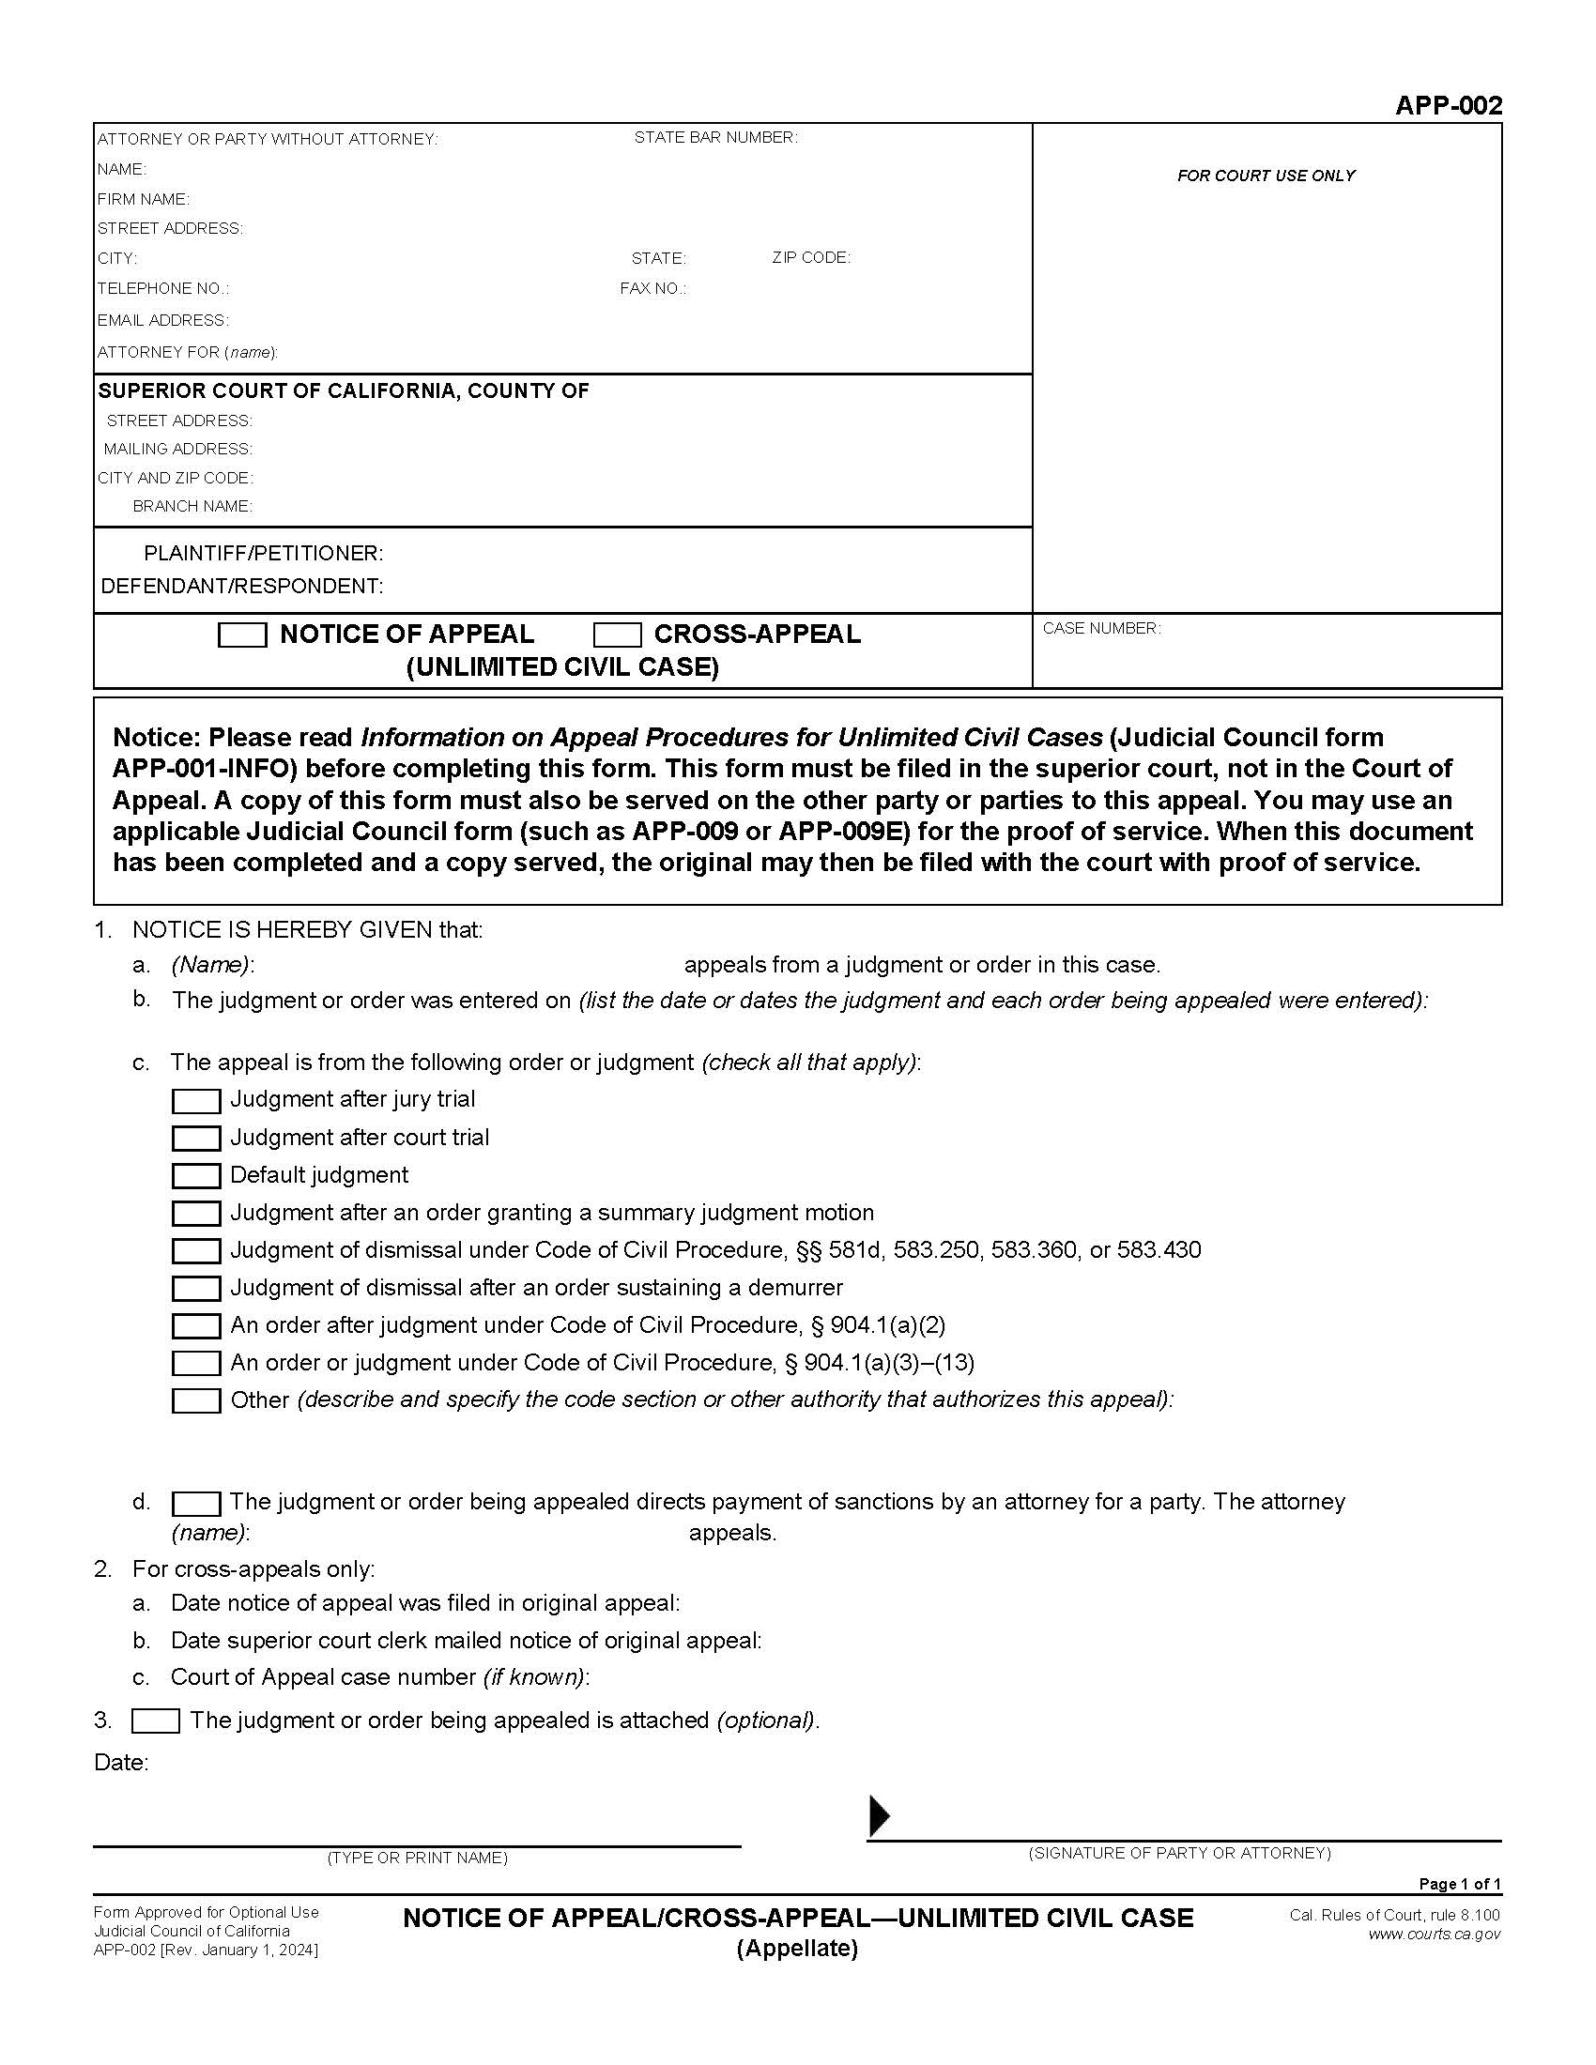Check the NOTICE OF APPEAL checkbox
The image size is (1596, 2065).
coord(242,635)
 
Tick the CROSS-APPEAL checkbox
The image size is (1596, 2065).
coord(617,635)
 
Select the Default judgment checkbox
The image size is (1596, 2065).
coord(195,1175)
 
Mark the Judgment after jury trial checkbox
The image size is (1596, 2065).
coord(195,1101)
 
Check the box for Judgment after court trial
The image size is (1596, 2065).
coord(195,1138)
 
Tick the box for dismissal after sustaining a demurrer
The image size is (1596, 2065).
coord(195,1288)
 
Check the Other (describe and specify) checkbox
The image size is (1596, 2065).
coord(195,1400)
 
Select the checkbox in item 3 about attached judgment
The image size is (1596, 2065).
coord(155,1721)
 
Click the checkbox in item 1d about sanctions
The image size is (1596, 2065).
coord(195,1503)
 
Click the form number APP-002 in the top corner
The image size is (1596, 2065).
coord(1448,105)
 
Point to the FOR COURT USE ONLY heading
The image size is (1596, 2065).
coord(1266,175)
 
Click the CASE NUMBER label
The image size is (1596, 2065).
coord(1100,628)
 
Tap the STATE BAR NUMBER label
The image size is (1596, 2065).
coord(714,137)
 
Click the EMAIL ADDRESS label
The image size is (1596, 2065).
coord(162,319)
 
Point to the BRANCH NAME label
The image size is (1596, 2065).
coord(192,506)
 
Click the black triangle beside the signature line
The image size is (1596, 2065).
coord(879,1815)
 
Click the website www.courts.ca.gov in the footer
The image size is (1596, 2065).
coord(1434,1934)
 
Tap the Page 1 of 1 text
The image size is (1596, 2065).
coord(1460,1884)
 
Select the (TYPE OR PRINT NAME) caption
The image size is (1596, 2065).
coord(417,1858)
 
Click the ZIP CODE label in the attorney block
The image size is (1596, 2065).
coord(810,257)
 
